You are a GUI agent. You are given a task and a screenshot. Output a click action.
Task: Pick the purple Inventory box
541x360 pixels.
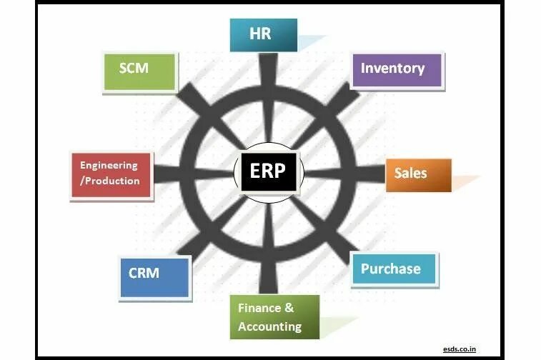(x=395, y=69)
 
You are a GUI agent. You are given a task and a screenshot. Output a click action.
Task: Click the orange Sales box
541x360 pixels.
(x=421, y=174)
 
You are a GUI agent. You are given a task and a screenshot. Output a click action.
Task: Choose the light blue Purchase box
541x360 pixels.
(x=394, y=269)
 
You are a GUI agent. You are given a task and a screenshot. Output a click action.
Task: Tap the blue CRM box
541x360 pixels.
(x=154, y=274)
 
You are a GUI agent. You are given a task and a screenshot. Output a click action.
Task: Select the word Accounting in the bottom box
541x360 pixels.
(x=269, y=326)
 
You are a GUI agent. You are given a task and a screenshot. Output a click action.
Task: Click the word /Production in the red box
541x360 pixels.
(x=110, y=181)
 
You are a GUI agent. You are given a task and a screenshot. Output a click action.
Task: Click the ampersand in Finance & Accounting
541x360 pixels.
(x=289, y=309)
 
